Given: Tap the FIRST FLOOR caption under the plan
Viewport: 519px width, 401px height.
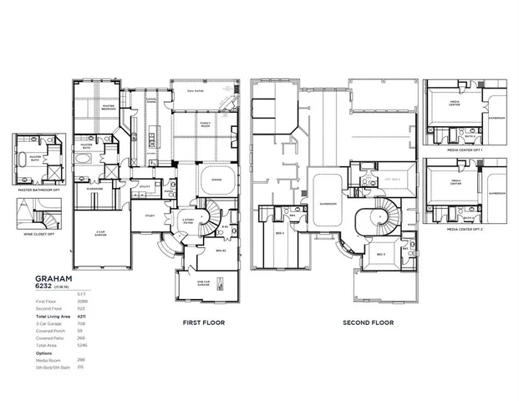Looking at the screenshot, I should pos(204,322).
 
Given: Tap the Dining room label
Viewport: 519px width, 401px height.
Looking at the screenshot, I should pos(216,179).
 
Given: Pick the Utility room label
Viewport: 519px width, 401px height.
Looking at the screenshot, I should pos(145,186).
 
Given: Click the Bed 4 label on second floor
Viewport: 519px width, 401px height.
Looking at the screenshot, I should pos(281,233).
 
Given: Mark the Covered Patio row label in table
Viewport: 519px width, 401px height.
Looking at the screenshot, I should pos(48,338).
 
